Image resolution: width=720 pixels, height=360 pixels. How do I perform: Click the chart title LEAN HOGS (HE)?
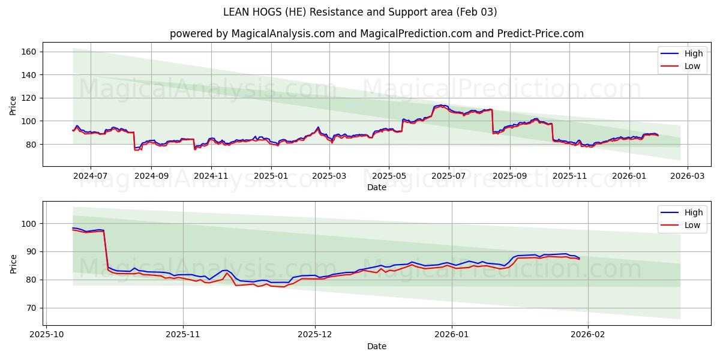click(x=360, y=12)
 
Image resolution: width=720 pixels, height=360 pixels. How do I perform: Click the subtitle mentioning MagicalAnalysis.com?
click(x=376, y=34)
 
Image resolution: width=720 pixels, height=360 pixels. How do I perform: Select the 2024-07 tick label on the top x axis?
click(x=91, y=176)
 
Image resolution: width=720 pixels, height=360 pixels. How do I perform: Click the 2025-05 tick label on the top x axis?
click(x=389, y=176)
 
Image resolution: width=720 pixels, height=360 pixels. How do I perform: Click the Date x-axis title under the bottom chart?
click(x=376, y=346)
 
